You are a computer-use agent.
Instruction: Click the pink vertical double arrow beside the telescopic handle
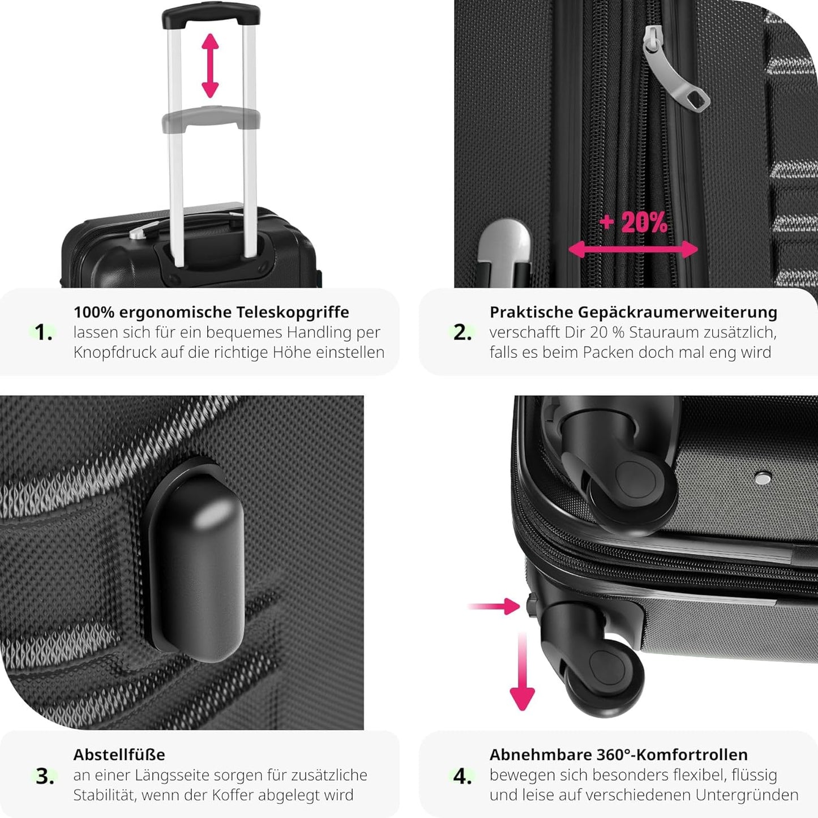pos(210,66)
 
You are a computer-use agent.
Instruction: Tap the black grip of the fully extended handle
pos(211,15)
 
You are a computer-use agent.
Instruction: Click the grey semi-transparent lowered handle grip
pos(211,117)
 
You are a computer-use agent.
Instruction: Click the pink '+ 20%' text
pos(633,222)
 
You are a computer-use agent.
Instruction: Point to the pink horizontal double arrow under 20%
pos(633,249)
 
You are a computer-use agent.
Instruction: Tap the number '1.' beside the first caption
pos(44,332)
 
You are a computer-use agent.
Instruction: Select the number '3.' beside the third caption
pos(45,777)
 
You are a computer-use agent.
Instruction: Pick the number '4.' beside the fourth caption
pos(462,777)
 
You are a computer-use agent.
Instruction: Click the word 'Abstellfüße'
pos(119,755)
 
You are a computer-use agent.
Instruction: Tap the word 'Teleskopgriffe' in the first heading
pos(293,312)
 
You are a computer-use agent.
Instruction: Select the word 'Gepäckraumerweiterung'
pos(678,312)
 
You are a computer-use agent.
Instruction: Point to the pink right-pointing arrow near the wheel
pos(494,606)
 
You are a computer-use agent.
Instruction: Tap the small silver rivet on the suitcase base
pos(763,478)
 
